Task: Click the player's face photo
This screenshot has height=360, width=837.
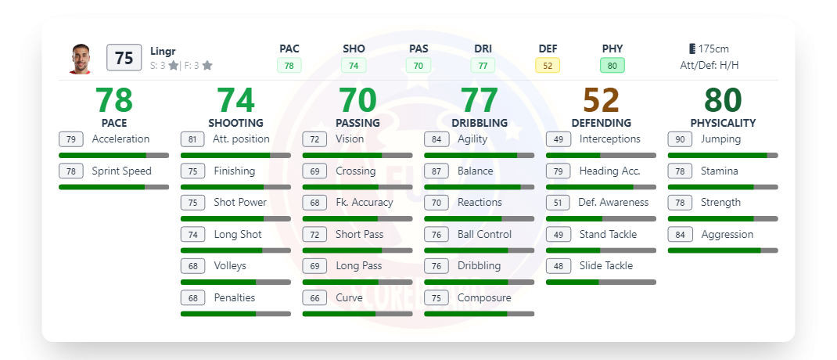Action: (x=80, y=59)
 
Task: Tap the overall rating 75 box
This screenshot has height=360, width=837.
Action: (x=124, y=58)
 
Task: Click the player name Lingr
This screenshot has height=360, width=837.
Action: (x=163, y=51)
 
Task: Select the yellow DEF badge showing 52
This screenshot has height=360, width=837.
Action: (x=548, y=66)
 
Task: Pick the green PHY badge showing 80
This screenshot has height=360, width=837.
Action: (x=612, y=66)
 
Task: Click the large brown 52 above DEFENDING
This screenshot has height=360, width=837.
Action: (x=601, y=100)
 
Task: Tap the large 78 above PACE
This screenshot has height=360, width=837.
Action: (x=114, y=100)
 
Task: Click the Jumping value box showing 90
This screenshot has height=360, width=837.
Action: (x=680, y=139)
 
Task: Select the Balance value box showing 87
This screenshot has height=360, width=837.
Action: (x=436, y=171)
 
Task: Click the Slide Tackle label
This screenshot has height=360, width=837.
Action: (x=606, y=265)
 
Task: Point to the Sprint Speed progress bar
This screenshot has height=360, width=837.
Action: (x=113, y=187)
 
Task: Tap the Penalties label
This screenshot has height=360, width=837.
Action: (x=235, y=297)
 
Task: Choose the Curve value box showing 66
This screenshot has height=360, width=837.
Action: (x=314, y=297)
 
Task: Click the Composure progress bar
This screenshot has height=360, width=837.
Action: (x=479, y=314)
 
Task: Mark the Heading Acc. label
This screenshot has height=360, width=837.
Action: (x=610, y=171)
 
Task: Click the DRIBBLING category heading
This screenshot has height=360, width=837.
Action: (x=480, y=123)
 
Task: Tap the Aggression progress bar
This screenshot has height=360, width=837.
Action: (x=723, y=250)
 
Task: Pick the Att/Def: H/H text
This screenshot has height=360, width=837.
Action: (x=709, y=66)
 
